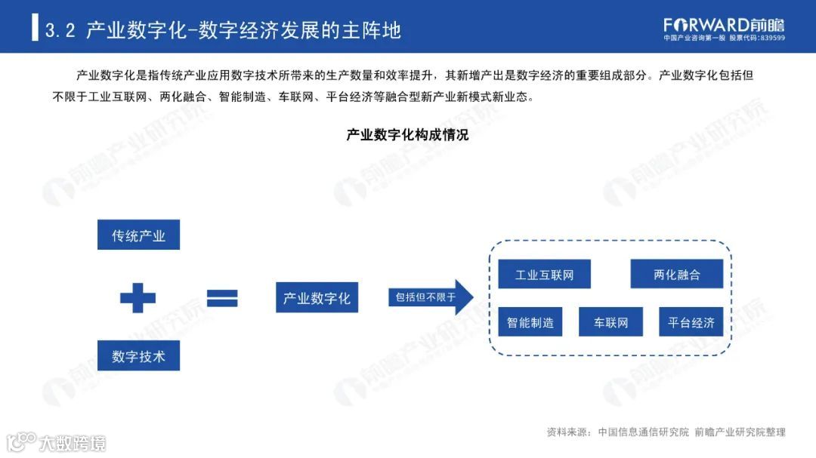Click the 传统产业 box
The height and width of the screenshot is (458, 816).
click(x=138, y=235)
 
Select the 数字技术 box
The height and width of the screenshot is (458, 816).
click(x=138, y=356)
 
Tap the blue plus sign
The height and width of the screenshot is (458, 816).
click(x=138, y=298)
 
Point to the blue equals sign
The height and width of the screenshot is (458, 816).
click(x=222, y=298)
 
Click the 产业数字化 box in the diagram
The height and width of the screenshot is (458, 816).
click(x=317, y=298)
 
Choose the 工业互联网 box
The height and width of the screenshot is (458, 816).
click(x=544, y=275)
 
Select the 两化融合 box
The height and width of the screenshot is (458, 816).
click(x=676, y=275)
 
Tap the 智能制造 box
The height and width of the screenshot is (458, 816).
click(x=530, y=322)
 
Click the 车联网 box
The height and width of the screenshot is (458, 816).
click(x=610, y=322)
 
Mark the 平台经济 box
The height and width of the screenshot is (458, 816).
click(x=691, y=322)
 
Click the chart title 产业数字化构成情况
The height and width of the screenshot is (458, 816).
click(x=407, y=135)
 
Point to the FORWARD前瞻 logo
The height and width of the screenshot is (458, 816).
click(x=724, y=23)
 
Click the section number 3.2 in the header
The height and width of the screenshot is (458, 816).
click(x=60, y=30)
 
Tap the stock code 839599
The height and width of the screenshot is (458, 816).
click(x=771, y=38)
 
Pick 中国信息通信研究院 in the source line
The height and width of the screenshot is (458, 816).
click(x=643, y=432)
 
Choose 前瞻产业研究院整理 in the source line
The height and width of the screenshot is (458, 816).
click(x=740, y=432)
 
